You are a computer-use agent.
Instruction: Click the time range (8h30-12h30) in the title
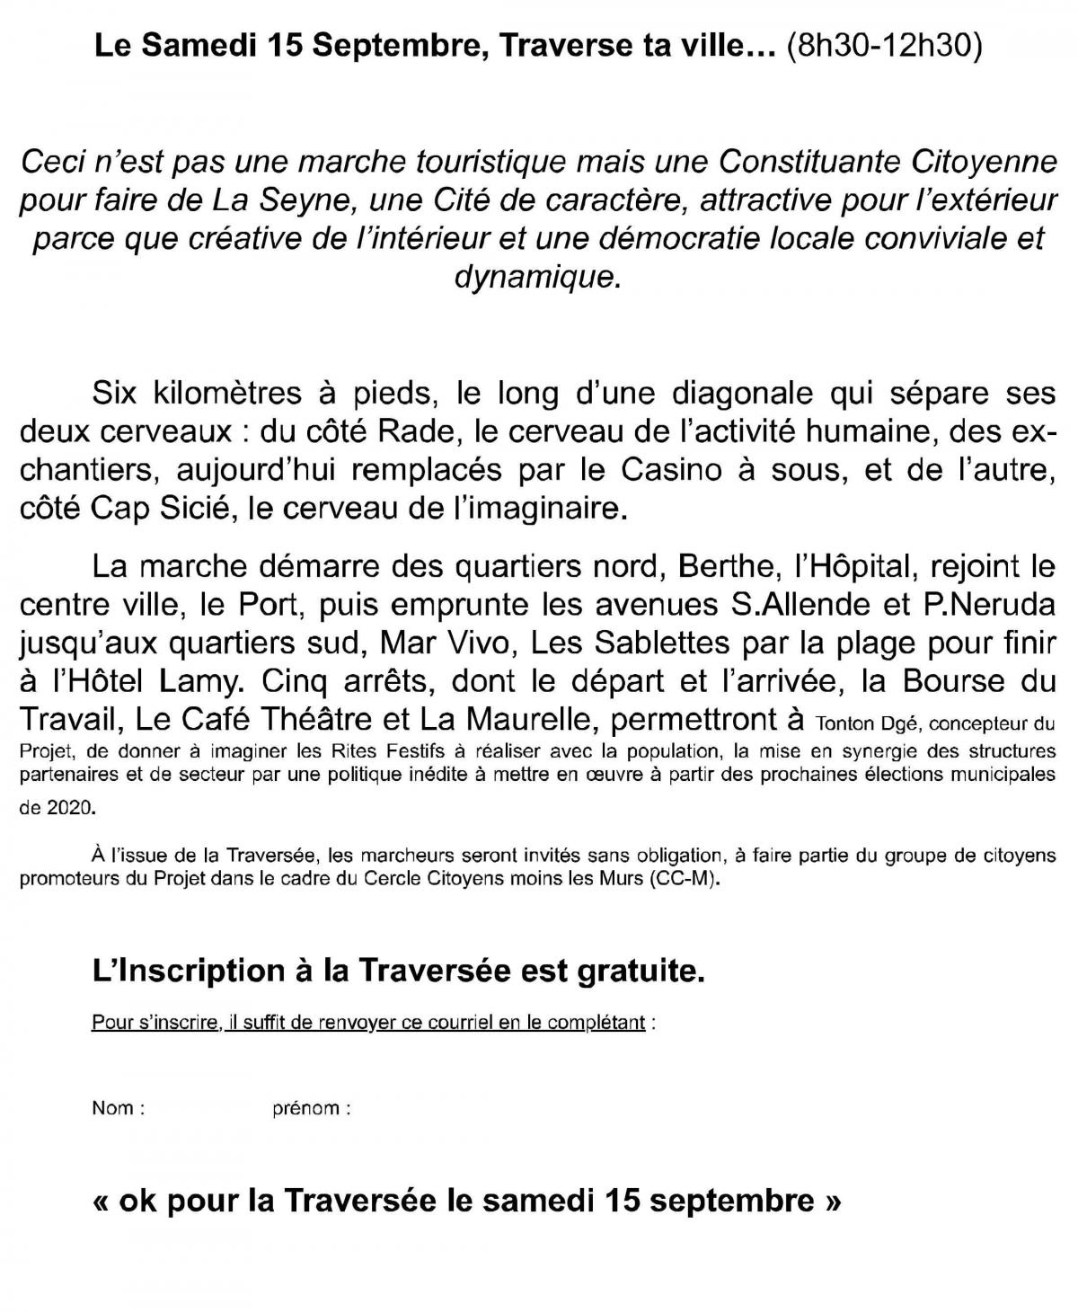coord(882,47)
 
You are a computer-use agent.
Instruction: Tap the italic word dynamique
coord(537,276)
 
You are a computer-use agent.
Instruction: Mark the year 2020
coord(68,808)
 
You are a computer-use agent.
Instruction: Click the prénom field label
coord(306,1109)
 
